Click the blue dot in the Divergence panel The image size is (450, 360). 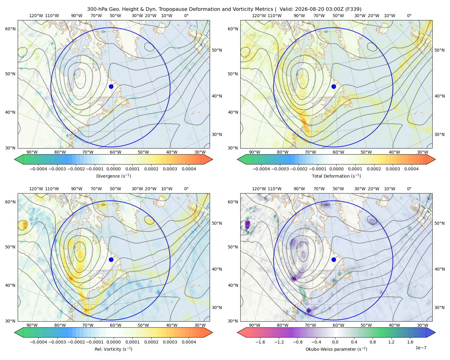pos(111,86)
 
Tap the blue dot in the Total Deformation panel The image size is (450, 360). pos(334,86)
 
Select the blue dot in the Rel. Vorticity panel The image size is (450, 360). pos(111,259)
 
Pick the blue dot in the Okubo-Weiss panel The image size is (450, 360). pos(334,259)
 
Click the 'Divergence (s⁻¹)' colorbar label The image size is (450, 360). pos(113,176)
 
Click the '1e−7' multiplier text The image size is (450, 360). pos(421,348)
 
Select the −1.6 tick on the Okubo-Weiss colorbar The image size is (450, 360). pos(260,342)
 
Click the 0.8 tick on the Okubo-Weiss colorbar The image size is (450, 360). pos(373,342)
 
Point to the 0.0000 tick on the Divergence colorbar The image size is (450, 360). pos(113,169)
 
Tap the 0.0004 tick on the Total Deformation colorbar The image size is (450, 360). pos(411,169)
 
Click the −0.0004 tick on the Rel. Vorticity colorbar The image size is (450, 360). pos(38,342)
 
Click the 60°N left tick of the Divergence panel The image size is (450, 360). pos(10,29)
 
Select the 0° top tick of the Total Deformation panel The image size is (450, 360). pos(409,16)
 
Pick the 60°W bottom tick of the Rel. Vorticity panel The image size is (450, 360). pos(115,325)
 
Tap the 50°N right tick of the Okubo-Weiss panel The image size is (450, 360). pos(439,223)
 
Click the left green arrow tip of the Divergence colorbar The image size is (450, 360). pos(15,159)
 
